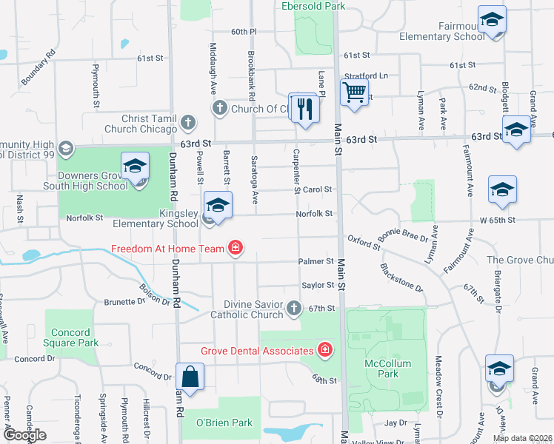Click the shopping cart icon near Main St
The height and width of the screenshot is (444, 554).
pyautogui.click(x=355, y=93)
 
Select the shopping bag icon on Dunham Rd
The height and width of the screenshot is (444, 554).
pyautogui.click(x=190, y=377)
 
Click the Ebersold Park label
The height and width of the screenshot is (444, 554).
pyautogui.click(x=313, y=6)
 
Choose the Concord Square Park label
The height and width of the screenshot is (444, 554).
pyautogui.click(x=72, y=338)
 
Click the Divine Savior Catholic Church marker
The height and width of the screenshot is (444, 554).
pyautogui.click(x=294, y=308)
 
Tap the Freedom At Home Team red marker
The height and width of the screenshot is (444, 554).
pyautogui.click(x=235, y=247)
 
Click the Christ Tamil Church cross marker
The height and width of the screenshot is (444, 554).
pyautogui.click(x=189, y=122)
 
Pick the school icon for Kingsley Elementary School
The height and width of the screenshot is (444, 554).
pyautogui.click(x=218, y=206)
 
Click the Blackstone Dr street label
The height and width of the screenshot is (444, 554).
pyautogui.click(x=401, y=278)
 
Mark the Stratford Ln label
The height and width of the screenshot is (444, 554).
pyautogui.click(x=367, y=75)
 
